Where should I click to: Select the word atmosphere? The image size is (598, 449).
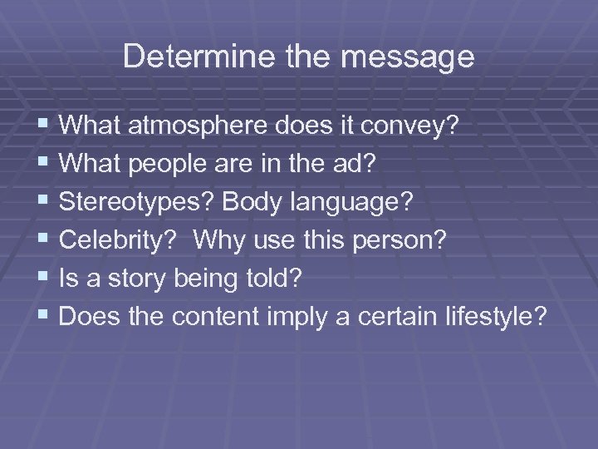tap(199, 126)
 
